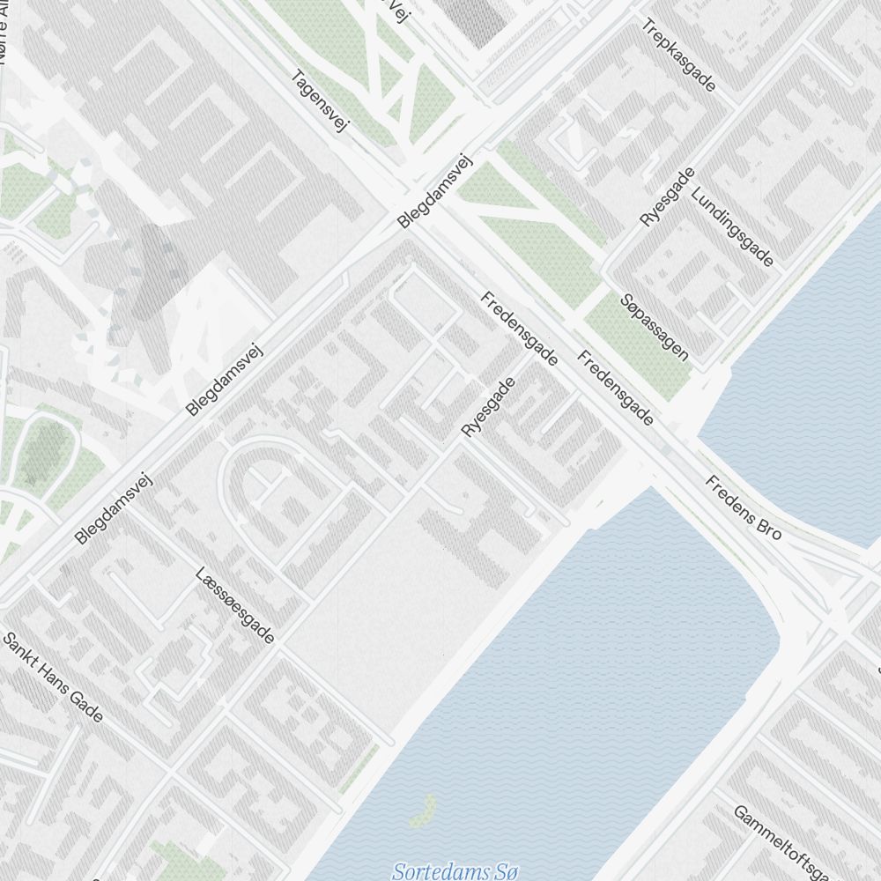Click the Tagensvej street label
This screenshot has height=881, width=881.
coord(320,101)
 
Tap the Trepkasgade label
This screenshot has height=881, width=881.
coord(679,56)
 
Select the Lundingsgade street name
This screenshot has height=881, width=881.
coord(732,227)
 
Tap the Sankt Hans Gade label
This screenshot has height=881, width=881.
coord(53,677)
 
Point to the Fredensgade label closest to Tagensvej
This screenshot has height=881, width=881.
coord(519,329)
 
